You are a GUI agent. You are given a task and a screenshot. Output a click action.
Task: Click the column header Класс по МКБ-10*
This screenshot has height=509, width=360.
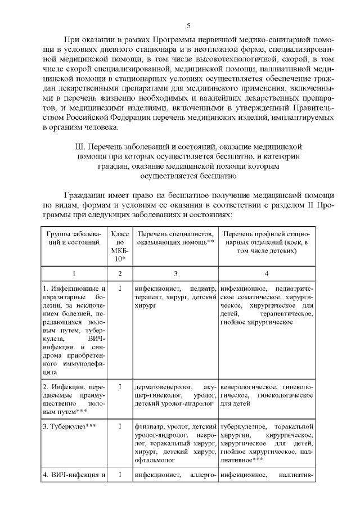click(120, 245)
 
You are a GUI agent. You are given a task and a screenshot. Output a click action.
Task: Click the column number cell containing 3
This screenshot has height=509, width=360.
click(176, 273)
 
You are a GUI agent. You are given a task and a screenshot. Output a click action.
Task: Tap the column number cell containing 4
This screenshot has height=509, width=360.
click(266, 273)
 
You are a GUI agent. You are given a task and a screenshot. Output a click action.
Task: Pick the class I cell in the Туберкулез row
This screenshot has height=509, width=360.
click(120, 426)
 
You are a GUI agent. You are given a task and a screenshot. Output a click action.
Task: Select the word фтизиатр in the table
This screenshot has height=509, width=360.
click(148, 426)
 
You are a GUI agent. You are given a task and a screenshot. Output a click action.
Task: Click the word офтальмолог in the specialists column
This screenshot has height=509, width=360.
click(154, 459)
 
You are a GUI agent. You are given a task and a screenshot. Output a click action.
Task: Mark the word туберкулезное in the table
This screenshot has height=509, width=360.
click(241, 426)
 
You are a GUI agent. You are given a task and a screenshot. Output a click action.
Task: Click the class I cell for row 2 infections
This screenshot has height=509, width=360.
click(120, 387)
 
